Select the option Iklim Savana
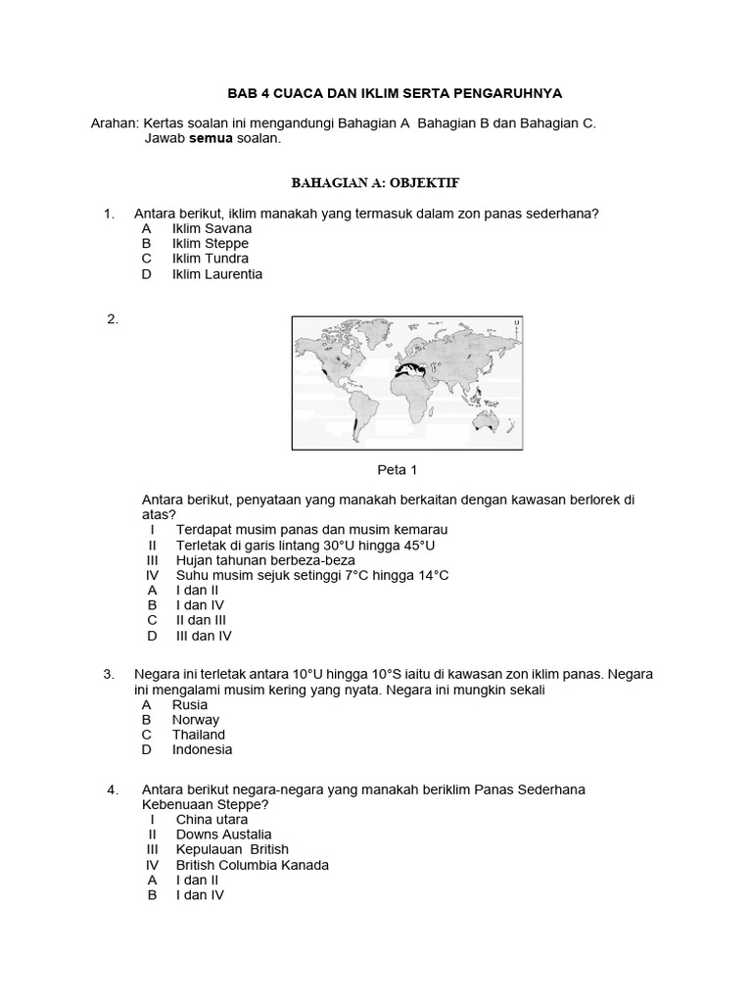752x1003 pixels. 211,228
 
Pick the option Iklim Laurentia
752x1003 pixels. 216,274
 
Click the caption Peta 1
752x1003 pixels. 398,470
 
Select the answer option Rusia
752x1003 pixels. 190,704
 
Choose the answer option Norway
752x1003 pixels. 196,720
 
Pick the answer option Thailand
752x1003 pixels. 199,735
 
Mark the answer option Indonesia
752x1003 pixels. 202,749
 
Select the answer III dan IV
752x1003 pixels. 204,636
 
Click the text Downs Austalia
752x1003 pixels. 223,835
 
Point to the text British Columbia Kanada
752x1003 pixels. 253,865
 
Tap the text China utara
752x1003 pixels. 211,819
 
